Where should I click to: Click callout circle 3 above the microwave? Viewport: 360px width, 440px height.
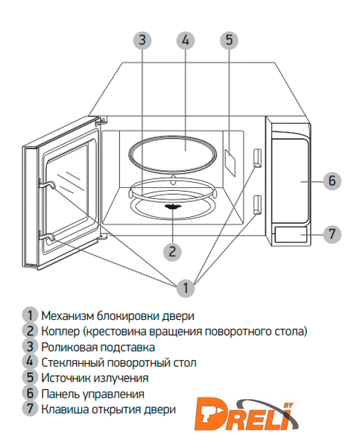[142, 40]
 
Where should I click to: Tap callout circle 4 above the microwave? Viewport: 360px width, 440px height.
[186, 40]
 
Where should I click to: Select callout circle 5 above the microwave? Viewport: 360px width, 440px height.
[229, 40]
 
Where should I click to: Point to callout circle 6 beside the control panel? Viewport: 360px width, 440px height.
[332, 180]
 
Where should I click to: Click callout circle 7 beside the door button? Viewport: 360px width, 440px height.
[332, 233]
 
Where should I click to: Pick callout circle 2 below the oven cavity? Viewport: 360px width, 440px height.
[172, 251]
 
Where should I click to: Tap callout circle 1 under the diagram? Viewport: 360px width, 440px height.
[186, 288]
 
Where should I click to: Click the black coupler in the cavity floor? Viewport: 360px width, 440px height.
[173, 207]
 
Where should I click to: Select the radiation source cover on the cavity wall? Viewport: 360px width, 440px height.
[230, 163]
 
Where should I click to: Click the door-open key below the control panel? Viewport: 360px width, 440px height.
[291, 234]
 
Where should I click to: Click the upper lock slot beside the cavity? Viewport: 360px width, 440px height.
[257, 158]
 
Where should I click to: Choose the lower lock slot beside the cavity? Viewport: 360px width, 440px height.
[257, 205]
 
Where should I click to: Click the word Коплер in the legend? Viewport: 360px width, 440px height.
[60, 331]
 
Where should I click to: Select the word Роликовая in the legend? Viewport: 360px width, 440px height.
[69, 347]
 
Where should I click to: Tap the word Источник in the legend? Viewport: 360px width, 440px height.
[66, 378]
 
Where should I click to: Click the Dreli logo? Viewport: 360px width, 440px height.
[247, 414]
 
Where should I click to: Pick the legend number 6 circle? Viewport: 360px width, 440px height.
[30, 394]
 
